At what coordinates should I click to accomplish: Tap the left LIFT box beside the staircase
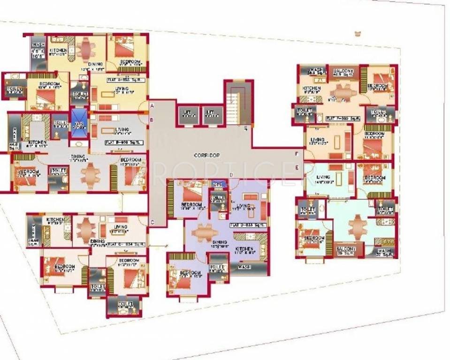[187, 115]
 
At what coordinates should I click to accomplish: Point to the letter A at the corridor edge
[152, 106]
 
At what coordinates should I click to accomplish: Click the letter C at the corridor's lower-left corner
[152, 222]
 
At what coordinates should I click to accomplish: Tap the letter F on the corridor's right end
[297, 153]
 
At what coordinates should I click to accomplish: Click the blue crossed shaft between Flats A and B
[79, 124]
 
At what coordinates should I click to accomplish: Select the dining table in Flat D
[205, 232]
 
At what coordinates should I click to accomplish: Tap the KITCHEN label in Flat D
[244, 248]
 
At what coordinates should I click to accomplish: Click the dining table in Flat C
[86, 230]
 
